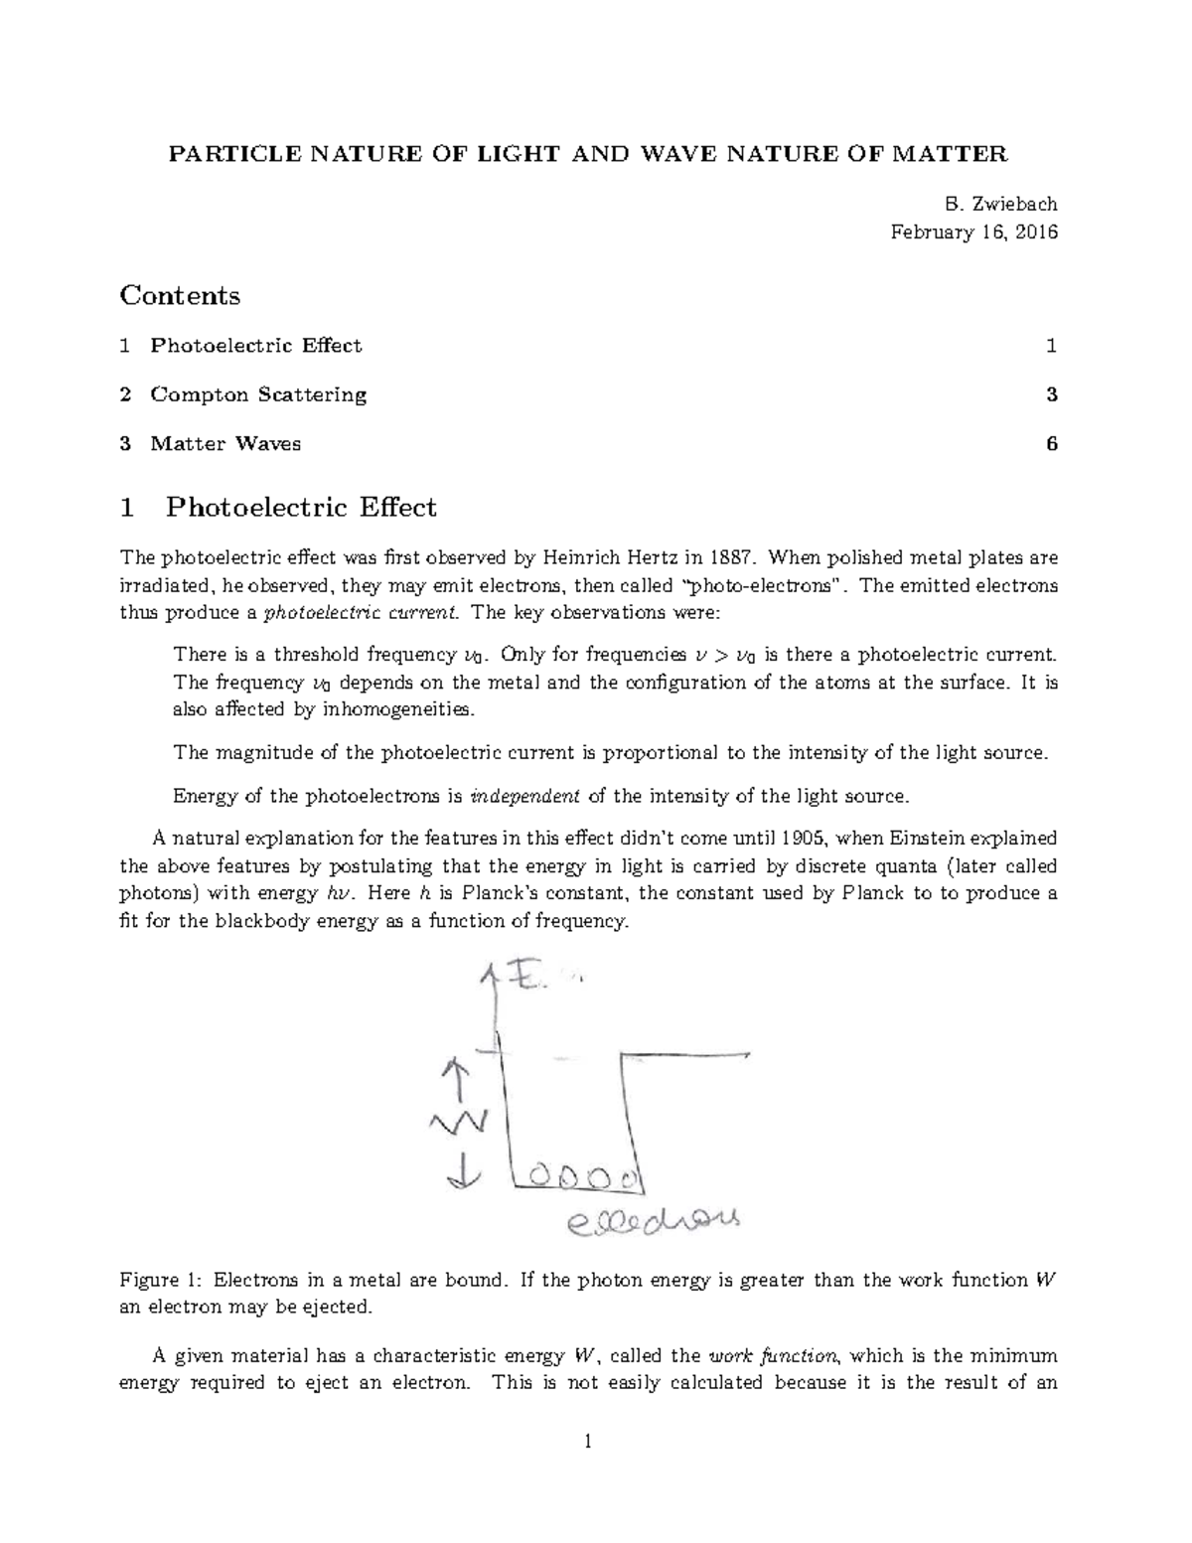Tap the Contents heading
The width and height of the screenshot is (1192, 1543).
pyautogui.click(x=180, y=295)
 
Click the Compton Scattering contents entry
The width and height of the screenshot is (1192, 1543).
pyautogui.click(x=258, y=394)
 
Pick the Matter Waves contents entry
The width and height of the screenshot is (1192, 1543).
pyautogui.click(x=225, y=443)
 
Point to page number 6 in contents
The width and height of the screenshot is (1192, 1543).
pyautogui.click(x=1051, y=443)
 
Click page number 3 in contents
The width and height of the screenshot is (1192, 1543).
pyautogui.click(x=1051, y=394)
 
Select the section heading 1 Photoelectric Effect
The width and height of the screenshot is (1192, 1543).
pyautogui.click(x=278, y=508)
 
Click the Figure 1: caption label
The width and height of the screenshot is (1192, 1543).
pyautogui.click(x=161, y=1280)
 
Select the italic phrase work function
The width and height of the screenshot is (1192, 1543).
pyautogui.click(x=773, y=1355)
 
